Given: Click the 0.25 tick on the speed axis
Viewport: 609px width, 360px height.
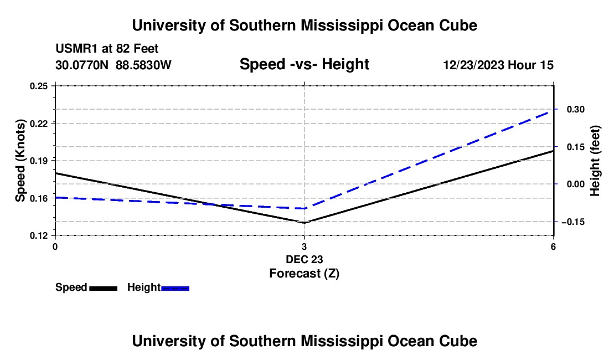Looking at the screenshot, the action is coord(39,86).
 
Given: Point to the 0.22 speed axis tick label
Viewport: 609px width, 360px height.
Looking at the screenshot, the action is coord(39,124).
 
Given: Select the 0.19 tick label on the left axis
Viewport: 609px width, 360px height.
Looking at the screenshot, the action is coord(39,161).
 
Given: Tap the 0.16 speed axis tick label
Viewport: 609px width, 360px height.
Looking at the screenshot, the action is coord(39,198).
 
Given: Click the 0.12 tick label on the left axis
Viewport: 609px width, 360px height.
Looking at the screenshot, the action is coord(39,236).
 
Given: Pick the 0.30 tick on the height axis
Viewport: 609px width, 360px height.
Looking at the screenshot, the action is coord(576,110).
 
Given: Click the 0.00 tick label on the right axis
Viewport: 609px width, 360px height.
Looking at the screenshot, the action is coord(576,184).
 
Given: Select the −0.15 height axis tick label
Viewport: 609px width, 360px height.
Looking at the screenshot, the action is coord(573,222).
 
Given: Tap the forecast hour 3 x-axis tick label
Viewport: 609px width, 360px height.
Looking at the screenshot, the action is coord(304,246).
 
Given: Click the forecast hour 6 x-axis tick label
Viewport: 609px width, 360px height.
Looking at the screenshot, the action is coord(553,246).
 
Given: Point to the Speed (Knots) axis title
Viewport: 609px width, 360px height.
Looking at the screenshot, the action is coord(20,161).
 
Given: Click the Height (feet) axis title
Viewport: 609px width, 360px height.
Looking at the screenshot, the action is coord(595,161).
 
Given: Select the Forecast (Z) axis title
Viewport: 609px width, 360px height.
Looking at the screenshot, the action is coord(304,274).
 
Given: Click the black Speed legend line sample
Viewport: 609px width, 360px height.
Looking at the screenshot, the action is coord(104,288).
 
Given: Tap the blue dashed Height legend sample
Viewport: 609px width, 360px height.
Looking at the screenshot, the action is coord(175,288).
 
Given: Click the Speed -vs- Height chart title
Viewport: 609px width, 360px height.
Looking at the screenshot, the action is coord(304,64).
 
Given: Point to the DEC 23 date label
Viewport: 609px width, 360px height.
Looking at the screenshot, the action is coord(304,259).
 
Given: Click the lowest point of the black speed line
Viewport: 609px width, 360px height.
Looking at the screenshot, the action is coord(304,223).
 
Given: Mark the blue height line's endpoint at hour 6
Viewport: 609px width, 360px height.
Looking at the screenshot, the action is coord(553,110).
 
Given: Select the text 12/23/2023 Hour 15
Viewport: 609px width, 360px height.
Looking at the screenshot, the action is coord(498,65).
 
